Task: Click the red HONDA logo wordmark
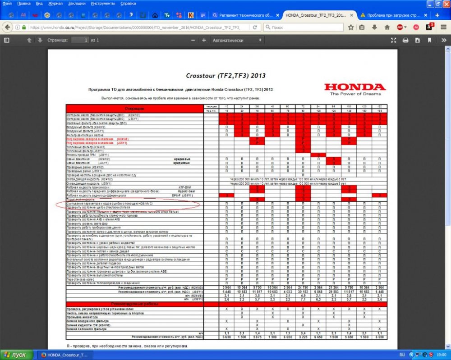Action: pos(355,87)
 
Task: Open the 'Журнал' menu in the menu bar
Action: pos(55,3)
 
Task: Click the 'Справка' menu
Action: pos(128,3)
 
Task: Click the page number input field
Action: pos(80,40)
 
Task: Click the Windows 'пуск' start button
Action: pos(16,355)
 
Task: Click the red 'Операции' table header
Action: pos(133,109)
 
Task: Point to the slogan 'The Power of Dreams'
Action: pos(355,94)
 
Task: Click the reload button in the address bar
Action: pos(255,27)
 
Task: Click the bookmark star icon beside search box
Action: pos(350,27)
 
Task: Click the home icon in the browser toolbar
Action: pos(156,15)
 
